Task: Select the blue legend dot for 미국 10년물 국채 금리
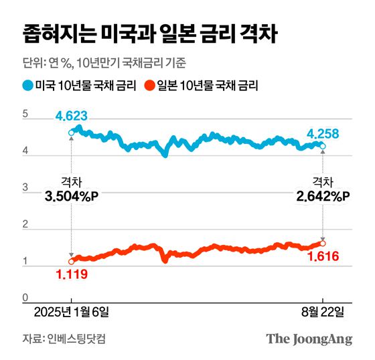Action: point(27,85)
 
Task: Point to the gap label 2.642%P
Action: point(323,195)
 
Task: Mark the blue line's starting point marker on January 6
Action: point(72,133)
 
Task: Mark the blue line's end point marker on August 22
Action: point(323,146)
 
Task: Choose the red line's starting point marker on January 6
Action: point(72,261)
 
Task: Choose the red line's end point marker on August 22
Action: point(323,243)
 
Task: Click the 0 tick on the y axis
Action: point(25,296)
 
